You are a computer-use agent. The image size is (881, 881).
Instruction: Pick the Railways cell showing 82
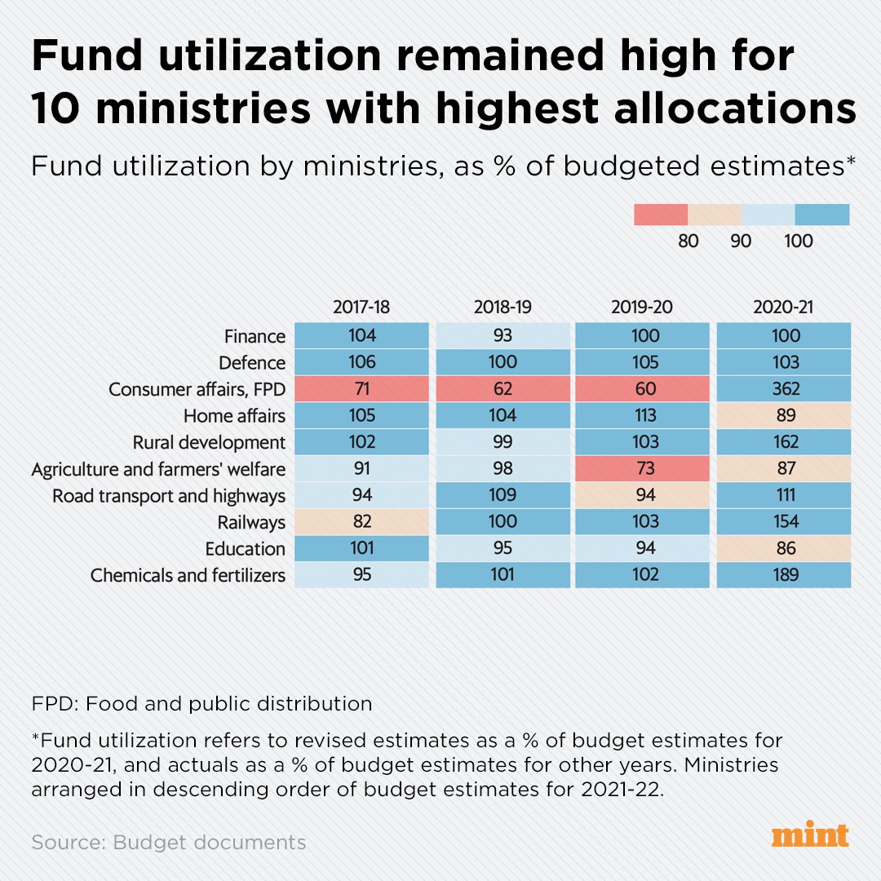click(x=361, y=522)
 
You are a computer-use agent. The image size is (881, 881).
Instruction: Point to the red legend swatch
click(x=661, y=215)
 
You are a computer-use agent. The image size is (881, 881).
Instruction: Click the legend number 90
click(x=741, y=241)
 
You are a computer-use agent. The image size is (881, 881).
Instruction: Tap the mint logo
click(x=809, y=836)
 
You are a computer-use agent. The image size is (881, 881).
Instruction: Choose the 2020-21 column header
click(x=784, y=308)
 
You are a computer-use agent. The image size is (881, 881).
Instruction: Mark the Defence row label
click(x=252, y=363)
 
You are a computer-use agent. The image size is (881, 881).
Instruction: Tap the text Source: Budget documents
click(x=169, y=843)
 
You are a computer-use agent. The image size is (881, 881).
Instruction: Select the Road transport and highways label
click(x=169, y=496)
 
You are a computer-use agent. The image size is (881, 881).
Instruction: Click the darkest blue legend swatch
click(x=821, y=215)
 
